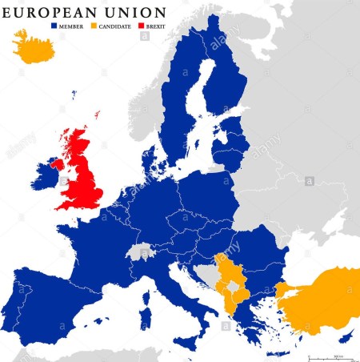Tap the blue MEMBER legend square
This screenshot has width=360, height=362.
click(55, 26)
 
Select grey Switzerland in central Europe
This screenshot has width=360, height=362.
click(143, 251)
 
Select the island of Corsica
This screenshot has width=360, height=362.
click(148, 280)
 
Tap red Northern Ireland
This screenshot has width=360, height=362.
click(57, 163)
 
